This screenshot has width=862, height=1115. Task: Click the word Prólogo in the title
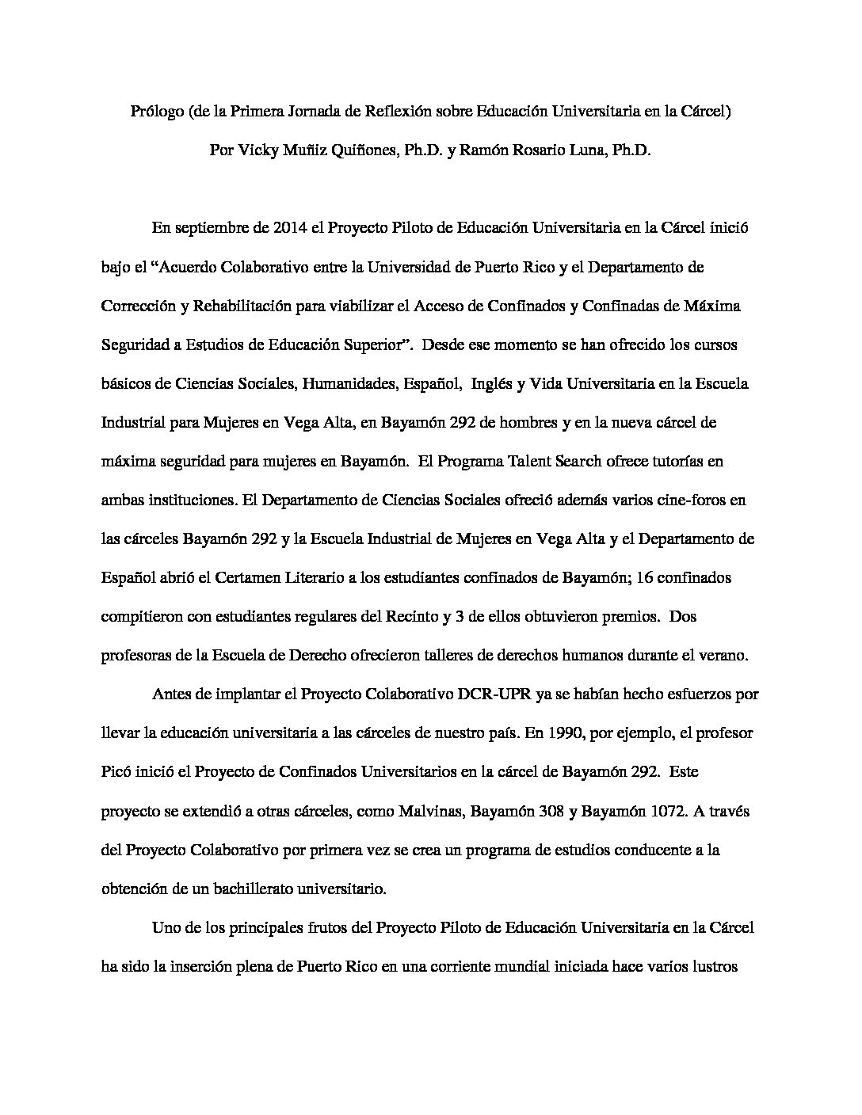pyautogui.click(x=156, y=112)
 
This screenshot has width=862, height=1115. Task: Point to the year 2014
pyautogui.click(x=291, y=229)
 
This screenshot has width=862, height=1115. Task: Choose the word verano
pyautogui.click(x=725, y=655)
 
